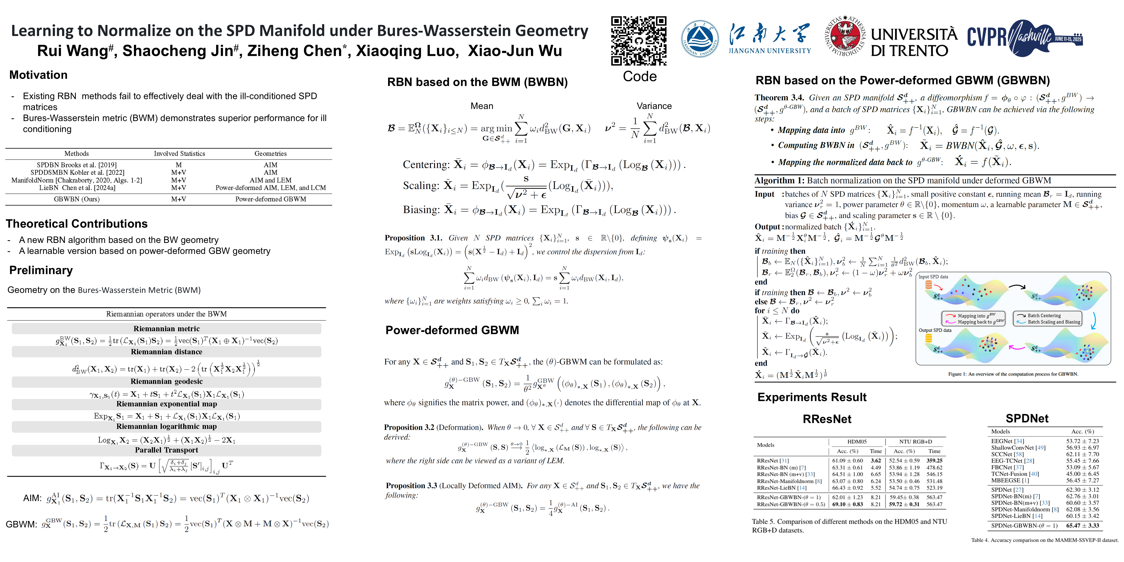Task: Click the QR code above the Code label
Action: pyautogui.click(x=639, y=40)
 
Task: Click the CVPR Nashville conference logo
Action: pyautogui.click(x=1024, y=38)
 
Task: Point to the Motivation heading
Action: pyautogui.click(x=38, y=75)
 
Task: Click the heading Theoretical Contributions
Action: pyautogui.click(x=77, y=224)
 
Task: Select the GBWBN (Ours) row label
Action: pyautogui.click(x=77, y=199)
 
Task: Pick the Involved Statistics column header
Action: pyautogui.click(x=179, y=154)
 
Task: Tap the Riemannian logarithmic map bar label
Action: pyautogui.click(x=167, y=426)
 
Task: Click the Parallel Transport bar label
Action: pyautogui.click(x=167, y=450)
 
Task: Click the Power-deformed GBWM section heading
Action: pyautogui.click(x=452, y=330)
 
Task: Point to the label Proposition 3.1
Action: pyautogui.click(x=413, y=238)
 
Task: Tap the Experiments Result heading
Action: pyautogui.click(x=812, y=397)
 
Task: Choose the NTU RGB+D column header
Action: pyautogui.click(x=915, y=442)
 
